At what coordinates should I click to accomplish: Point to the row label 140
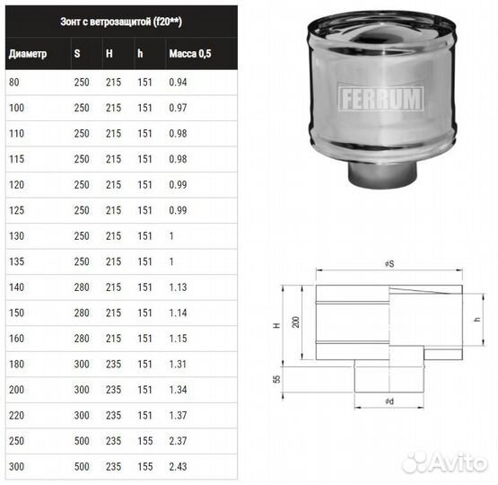click(x=17, y=287)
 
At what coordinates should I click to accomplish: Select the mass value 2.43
click(x=179, y=465)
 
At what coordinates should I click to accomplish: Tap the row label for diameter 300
click(x=17, y=465)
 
